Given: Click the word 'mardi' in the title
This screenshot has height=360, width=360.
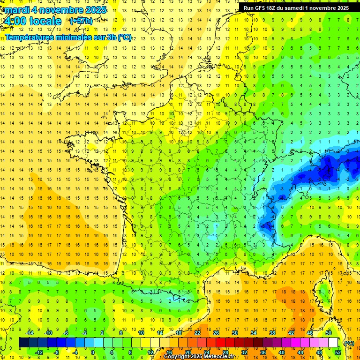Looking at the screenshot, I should tap(16, 10).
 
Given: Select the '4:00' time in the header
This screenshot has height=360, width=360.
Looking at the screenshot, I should tap(15, 21).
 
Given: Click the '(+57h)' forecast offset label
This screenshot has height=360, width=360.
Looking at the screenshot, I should tap(81, 21).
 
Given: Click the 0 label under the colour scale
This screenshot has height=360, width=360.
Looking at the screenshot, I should tap(93, 352).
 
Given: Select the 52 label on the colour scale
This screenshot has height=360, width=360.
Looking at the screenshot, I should tap(337, 352).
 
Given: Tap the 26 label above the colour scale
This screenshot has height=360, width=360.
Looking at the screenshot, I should tap(216, 333).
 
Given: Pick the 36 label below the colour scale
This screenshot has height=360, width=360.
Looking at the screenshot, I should tap(263, 352).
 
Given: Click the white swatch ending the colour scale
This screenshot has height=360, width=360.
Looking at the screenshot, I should tap(333, 343).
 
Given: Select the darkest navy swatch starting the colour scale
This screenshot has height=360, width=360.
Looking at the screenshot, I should tap(24, 343).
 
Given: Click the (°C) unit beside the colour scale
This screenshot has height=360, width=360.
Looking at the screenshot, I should tap(349, 343).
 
